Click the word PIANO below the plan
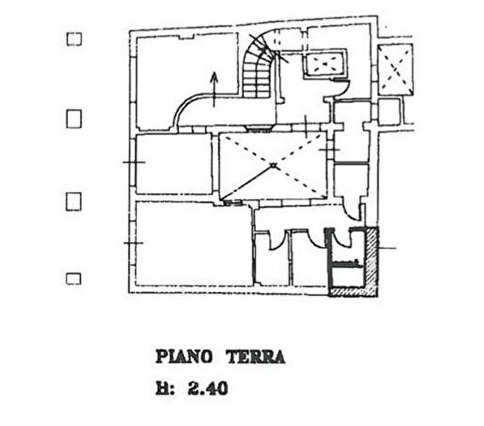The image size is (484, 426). tap(184, 357)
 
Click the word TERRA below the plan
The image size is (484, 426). tap(256, 357)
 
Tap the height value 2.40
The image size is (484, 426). tap(208, 389)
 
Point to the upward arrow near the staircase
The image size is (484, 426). tap(214, 89)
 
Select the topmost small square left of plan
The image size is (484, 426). tap(74, 39)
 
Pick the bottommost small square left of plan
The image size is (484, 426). tap(74, 278)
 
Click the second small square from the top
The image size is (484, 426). tap(74, 118)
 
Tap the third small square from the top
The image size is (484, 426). tap(74, 201)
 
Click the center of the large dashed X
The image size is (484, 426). tap(273, 166)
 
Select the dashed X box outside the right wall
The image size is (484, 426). tap(396, 70)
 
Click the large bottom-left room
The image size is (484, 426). tap(193, 243)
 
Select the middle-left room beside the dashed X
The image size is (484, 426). tap(174, 164)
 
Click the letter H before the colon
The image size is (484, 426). tap(161, 389)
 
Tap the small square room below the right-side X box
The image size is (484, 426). tap(389, 112)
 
